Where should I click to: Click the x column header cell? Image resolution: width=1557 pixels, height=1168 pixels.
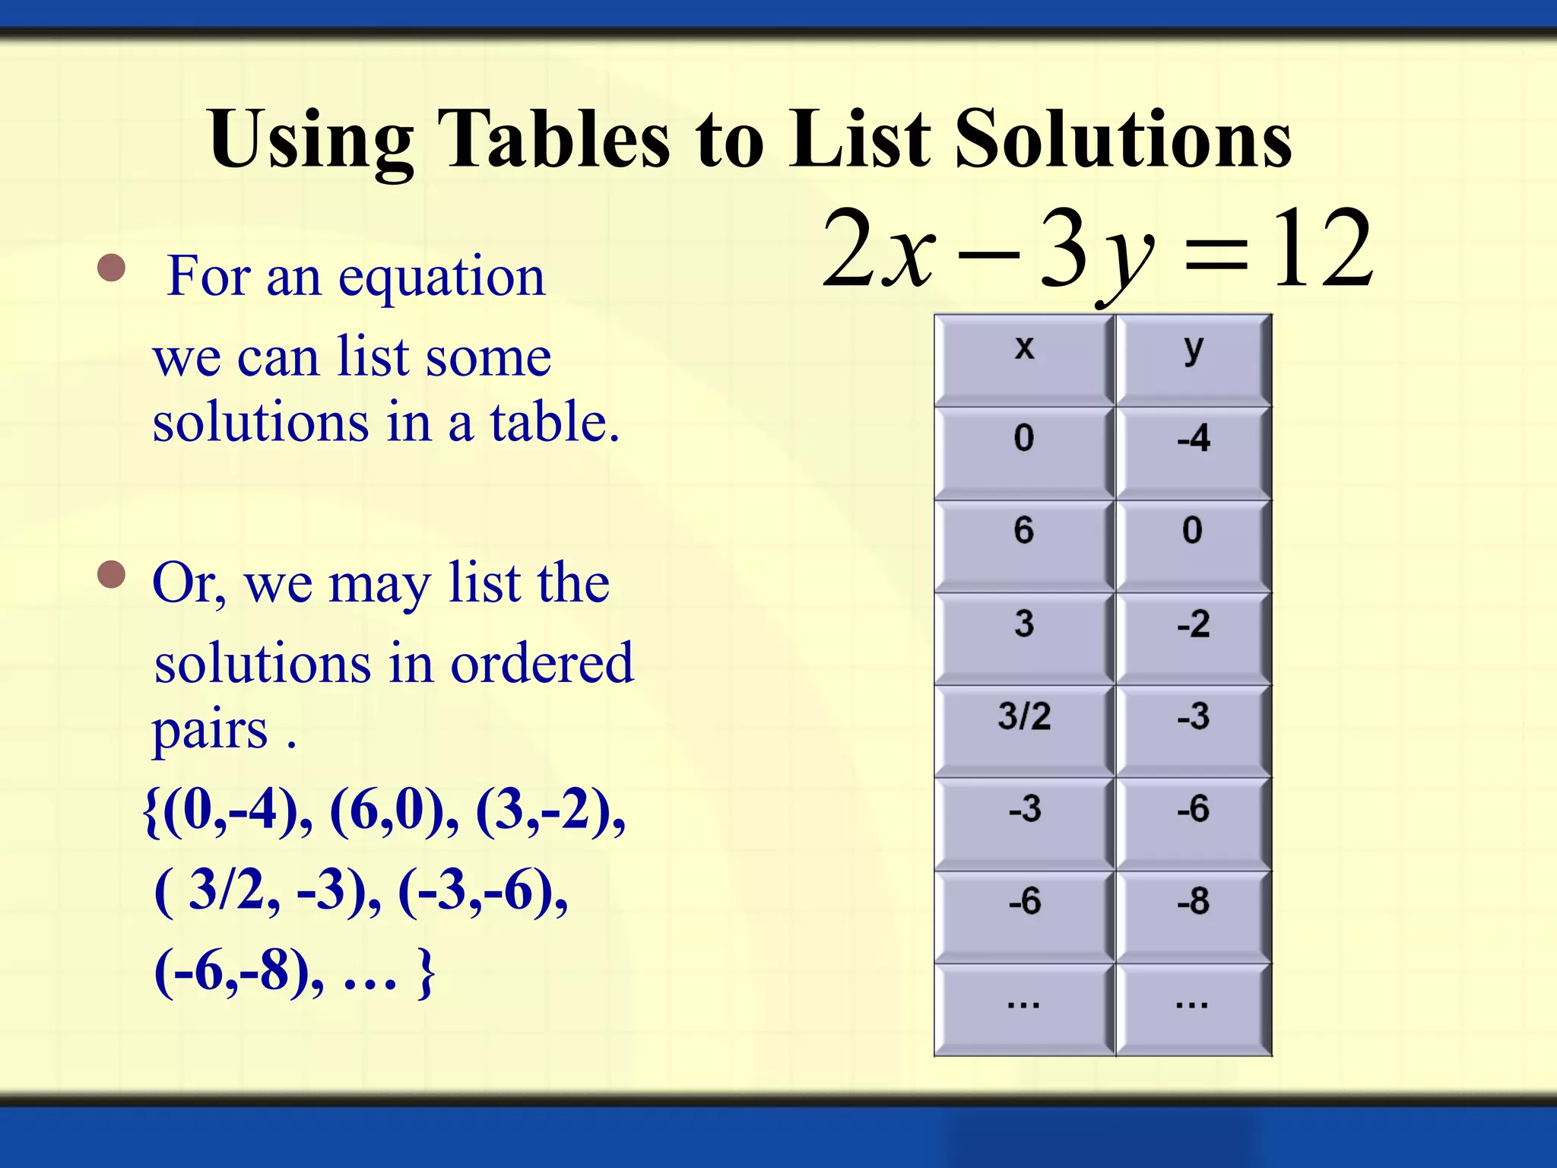[x=1024, y=359]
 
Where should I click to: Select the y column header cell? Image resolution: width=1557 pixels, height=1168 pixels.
[x=1193, y=359]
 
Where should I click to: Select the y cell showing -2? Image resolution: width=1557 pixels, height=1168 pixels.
[x=1193, y=637]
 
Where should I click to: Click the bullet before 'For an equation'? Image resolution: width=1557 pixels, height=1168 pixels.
[x=112, y=268]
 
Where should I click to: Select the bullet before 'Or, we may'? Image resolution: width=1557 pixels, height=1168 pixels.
[x=112, y=575]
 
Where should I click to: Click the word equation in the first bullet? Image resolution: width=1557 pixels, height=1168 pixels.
[x=441, y=278]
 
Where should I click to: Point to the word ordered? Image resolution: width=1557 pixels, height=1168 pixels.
[x=541, y=663]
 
